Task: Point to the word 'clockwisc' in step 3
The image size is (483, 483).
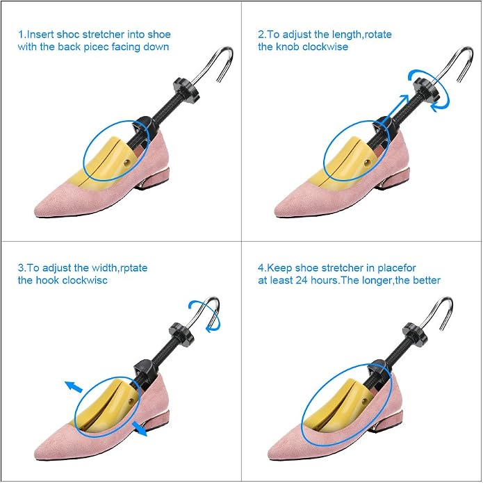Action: pos(85,280)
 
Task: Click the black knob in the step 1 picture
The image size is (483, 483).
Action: pos(186,90)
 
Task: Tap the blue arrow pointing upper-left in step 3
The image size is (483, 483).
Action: pos(74,386)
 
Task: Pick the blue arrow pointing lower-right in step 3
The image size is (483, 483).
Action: pos(140,429)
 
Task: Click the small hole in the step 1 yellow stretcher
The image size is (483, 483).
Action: pos(126,163)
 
